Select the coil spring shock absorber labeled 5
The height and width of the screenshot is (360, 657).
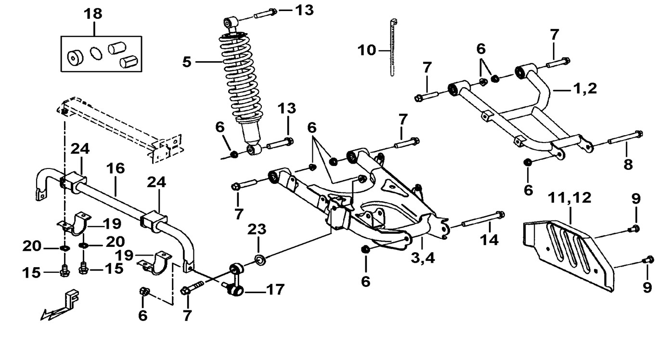pyautogui.click(x=239, y=87)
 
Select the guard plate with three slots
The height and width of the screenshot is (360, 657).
pyautogui.click(x=568, y=255)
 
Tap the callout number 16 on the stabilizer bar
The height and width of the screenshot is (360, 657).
pyautogui.click(x=116, y=168)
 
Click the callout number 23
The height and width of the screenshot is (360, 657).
pyautogui.click(x=257, y=230)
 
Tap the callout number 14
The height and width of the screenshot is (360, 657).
pyautogui.click(x=489, y=240)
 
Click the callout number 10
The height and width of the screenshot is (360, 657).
pyautogui.click(x=367, y=50)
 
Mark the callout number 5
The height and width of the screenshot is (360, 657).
pyautogui.click(x=187, y=62)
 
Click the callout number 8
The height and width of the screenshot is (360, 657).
pyautogui.click(x=628, y=164)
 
